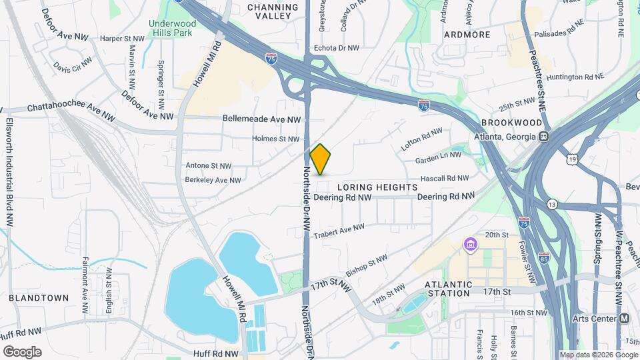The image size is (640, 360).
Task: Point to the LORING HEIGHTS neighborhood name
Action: tap(377, 187)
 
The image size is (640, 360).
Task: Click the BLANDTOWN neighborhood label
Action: tap(39, 298)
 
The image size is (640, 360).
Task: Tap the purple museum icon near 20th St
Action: tap(471, 245)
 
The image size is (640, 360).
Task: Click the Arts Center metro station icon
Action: tap(624, 319)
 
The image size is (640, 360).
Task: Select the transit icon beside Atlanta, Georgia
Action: tap(544, 137)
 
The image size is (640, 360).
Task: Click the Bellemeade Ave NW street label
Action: tap(262, 119)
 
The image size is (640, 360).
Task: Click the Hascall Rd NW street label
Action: tap(444, 178)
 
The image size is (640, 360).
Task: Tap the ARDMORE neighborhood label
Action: tap(467, 34)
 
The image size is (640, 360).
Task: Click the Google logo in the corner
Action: tap(22, 351)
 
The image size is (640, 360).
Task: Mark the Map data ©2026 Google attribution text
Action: tap(598, 355)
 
